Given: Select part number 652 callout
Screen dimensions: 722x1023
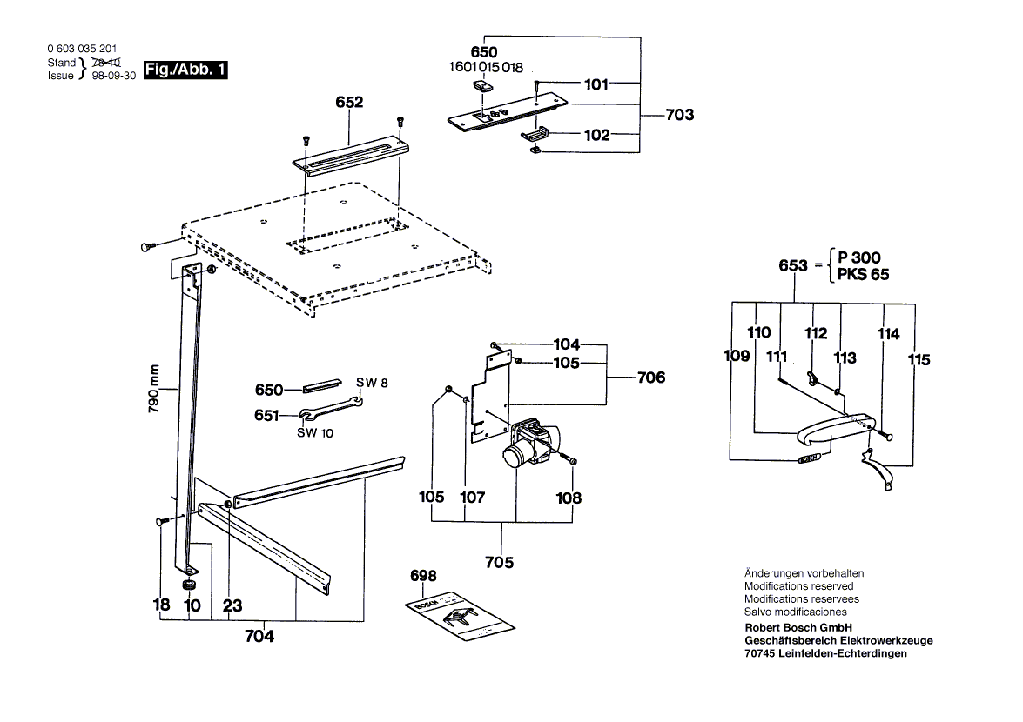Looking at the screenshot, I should click(x=349, y=102).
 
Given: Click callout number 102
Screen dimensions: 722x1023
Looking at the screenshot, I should click(x=596, y=135).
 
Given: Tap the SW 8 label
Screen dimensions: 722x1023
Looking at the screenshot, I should click(x=372, y=382).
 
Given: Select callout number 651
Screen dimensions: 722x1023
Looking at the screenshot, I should click(x=267, y=416).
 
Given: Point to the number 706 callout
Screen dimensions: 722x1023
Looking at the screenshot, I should click(x=650, y=378).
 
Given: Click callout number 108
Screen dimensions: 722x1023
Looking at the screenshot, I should click(x=570, y=498).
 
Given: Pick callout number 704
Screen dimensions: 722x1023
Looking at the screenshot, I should click(x=259, y=637).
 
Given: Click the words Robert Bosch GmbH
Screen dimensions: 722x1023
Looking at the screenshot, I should click(x=798, y=628).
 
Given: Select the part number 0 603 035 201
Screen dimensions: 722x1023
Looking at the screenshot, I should click(x=83, y=50).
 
